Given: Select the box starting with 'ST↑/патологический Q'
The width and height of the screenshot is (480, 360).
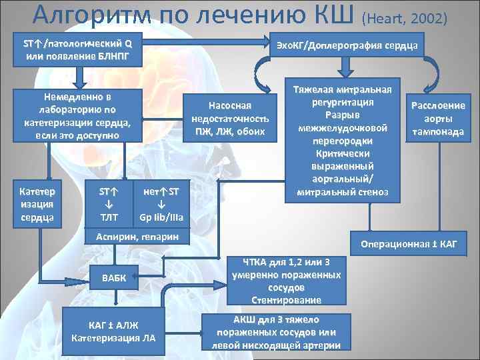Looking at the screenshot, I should pyautogui.click(x=77, y=50).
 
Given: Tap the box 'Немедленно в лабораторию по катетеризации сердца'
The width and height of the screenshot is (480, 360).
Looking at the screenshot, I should pyautogui.click(x=78, y=115).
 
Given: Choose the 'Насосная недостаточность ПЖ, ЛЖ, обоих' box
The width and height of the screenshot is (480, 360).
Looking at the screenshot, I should pyautogui.click(x=229, y=118).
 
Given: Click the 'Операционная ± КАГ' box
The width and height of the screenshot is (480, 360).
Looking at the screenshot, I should pyautogui.click(x=409, y=244).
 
